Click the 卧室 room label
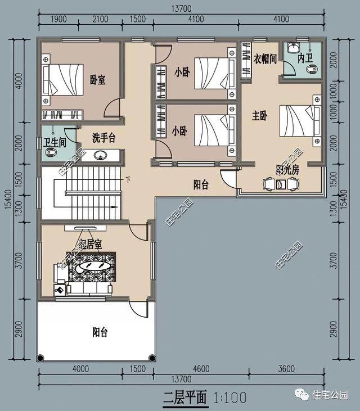98,79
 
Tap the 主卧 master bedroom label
259,116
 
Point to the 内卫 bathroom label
305,58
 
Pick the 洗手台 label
104,137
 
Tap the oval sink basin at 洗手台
101,155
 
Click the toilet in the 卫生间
50,153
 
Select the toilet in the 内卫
312,70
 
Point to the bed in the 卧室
62,79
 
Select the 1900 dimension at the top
58,19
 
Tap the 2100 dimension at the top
100,19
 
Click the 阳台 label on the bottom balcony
100,332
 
